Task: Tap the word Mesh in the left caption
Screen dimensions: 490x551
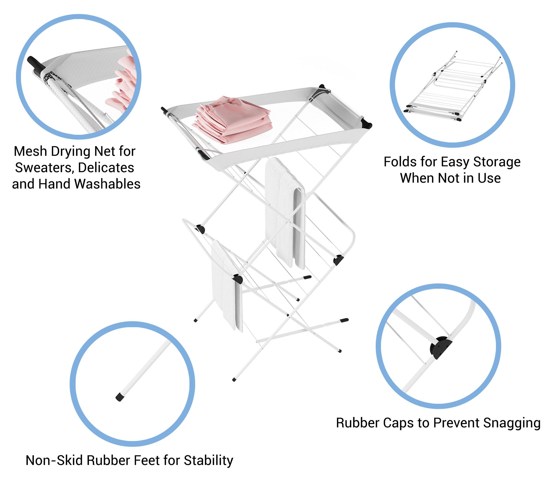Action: pos(30,151)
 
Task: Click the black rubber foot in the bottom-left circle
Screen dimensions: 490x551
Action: pos(120,397)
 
